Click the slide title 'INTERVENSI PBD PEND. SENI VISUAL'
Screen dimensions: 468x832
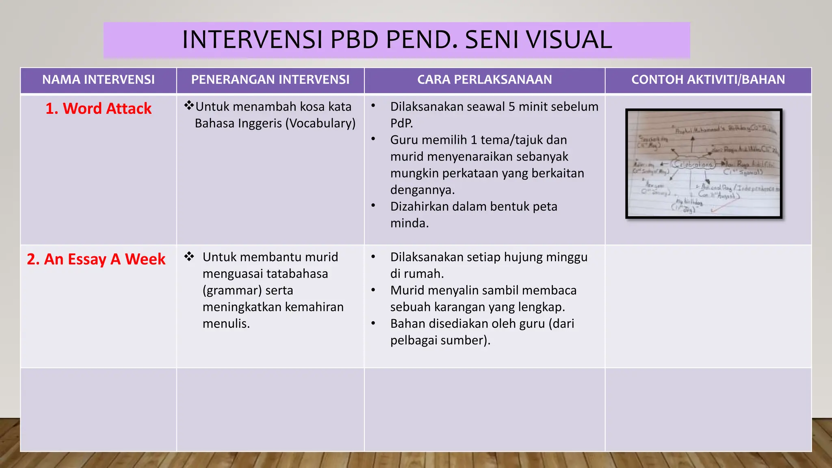click(x=396, y=40)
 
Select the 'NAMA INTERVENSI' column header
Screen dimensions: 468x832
click(x=98, y=80)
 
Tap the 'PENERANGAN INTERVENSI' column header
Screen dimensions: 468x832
click(x=270, y=80)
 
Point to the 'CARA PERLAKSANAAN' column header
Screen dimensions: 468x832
click(x=484, y=80)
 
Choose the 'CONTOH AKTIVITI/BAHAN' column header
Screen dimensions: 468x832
click(x=708, y=80)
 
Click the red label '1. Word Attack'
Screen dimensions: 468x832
click(x=98, y=109)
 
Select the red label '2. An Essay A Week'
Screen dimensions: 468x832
click(x=96, y=259)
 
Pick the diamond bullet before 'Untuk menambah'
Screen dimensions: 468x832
click(x=189, y=106)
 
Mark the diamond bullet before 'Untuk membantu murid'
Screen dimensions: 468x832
click(x=189, y=256)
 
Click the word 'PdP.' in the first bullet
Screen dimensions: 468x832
click(x=401, y=123)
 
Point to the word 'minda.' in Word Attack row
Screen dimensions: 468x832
click(x=409, y=223)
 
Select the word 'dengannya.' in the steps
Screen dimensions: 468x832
click(x=422, y=190)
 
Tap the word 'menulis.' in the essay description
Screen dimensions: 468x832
click(x=226, y=324)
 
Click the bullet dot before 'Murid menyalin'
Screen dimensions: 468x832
click(x=373, y=290)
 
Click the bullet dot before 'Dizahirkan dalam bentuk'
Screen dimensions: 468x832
click(x=373, y=206)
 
